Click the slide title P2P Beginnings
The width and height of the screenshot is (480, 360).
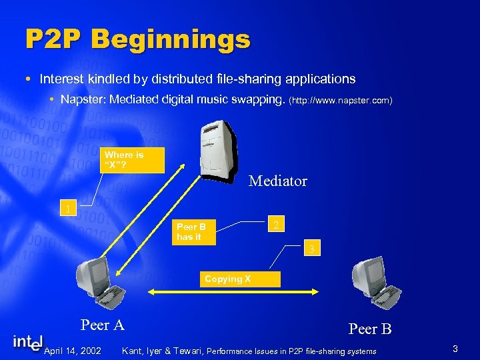click(137, 39)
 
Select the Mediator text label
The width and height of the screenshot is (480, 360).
click(277, 181)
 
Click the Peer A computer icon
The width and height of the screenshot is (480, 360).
click(97, 282)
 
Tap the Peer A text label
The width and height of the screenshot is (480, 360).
click(103, 325)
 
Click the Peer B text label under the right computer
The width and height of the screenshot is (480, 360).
click(370, 329)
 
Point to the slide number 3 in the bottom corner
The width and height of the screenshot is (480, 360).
click(455, 349)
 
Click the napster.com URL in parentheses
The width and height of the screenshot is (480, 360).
click(341, 100)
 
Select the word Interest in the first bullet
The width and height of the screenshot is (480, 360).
click(61, 79)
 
